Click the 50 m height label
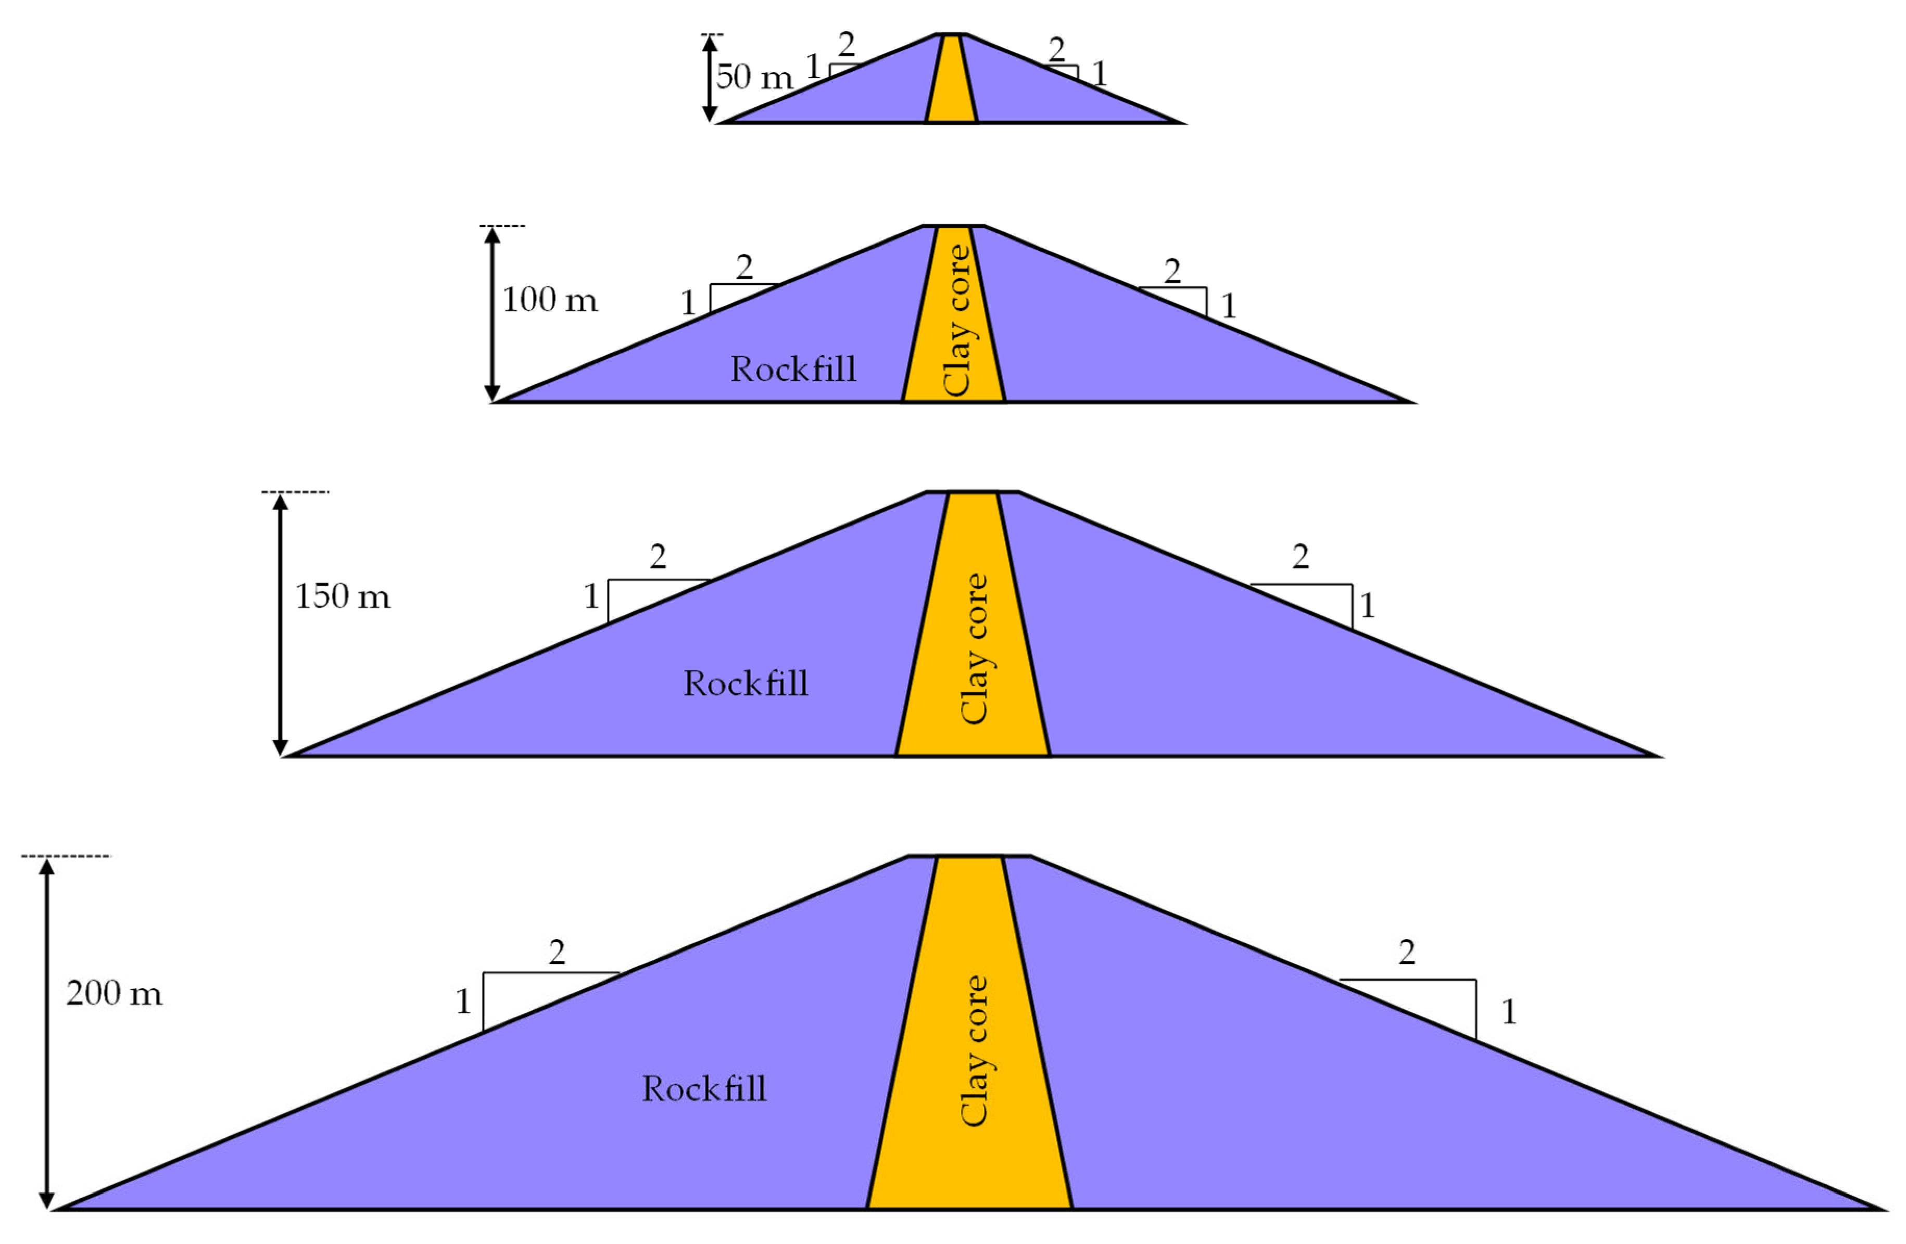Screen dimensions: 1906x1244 pos(753,78)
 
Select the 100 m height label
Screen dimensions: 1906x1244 pos(549,300)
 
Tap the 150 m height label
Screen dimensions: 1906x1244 pos(343,596)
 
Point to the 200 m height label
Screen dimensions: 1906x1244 pos(113,994)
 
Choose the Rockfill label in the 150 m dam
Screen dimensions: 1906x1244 pos(746,683)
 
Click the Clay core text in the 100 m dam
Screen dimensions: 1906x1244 pos(957,320)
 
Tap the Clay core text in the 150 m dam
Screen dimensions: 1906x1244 pos(974,649)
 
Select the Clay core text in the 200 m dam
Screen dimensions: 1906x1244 pos(974,1050)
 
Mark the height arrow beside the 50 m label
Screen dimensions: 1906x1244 pos(709,79)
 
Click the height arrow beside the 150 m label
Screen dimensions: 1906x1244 pos(280,625)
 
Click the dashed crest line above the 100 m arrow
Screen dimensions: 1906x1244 pos(503,226)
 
